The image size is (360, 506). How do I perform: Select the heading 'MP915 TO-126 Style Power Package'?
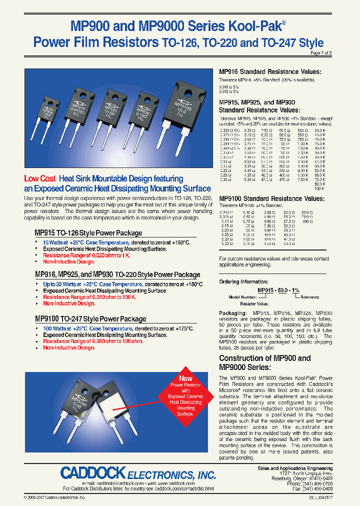88,233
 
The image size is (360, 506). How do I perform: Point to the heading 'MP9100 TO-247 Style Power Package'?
90,318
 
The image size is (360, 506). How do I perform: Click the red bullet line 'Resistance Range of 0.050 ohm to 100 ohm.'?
93,341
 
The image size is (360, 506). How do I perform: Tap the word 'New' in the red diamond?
185,378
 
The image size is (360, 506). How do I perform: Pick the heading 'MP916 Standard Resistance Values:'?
270,71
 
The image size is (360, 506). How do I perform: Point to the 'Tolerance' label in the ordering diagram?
309,296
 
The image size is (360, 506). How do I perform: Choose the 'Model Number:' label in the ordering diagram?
242,296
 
